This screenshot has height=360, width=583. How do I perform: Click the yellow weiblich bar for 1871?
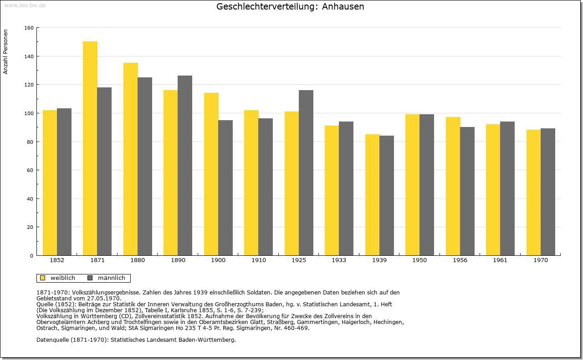coord(90,148)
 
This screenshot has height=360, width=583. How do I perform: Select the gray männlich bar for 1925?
coord(306,172)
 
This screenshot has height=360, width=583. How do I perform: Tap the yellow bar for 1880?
coord(131,159)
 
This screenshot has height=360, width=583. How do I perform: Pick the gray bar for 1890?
coord(185,165)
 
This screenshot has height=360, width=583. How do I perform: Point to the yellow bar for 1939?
coord(373,195)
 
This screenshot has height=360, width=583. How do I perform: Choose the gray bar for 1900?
coord(225,188)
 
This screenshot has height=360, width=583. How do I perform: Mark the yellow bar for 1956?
coord(453,186)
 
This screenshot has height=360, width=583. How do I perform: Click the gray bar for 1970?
coord(548,192)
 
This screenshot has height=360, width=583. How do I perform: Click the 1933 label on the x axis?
coord(339,260)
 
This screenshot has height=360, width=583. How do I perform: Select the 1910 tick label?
coord(258,260)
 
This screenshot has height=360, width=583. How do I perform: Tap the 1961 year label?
coord(500,260)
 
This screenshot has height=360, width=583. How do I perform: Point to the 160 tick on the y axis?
coord(29,28)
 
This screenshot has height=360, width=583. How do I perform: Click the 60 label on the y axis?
coord(30,170)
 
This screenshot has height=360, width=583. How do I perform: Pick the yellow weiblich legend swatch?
coord(43,278)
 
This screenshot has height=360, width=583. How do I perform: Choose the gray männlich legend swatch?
coord(90,278)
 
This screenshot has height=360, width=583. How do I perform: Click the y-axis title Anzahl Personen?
coord(5,51)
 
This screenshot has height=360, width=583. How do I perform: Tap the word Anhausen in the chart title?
coord(343,6)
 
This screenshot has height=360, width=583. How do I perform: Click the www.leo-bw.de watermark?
coord(25,5)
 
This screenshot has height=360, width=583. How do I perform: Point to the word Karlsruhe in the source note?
coord(187,310)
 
